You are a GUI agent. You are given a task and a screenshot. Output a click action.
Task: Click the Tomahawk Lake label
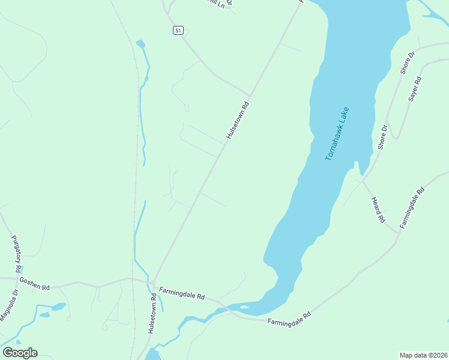(337, 133)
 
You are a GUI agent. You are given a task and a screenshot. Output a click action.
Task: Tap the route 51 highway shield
(178, 31)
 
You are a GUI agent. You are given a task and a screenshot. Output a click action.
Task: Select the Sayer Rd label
(414, 88)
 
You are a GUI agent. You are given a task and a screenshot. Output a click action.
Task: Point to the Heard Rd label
(377, 210)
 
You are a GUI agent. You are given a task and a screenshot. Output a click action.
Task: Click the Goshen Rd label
(34, 283)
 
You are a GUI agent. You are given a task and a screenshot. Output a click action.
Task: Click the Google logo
(20, 353)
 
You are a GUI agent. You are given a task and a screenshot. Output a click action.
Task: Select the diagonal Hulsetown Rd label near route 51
(237, 121)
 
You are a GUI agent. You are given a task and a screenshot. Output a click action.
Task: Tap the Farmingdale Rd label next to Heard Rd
(412, 208)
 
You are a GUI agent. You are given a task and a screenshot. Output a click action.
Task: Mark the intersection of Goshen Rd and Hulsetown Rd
(152, 282)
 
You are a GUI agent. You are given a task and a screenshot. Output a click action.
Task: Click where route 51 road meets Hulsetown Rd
(249, 95)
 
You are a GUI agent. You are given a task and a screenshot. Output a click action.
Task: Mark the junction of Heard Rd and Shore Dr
(363, 179)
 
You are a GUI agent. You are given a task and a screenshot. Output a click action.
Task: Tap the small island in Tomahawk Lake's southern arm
(244, 307)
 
